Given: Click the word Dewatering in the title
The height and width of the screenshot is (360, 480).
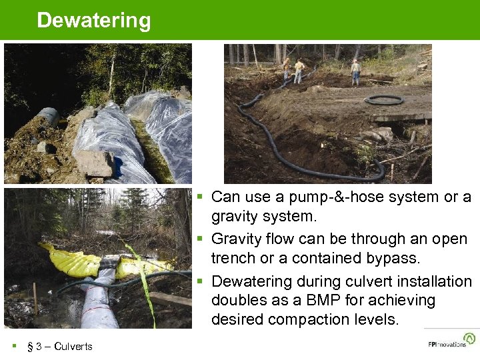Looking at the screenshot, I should point(94,21).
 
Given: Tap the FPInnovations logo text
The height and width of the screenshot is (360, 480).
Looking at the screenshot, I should point(447,344).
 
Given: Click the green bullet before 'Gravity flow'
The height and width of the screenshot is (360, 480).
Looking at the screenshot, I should point(199,239).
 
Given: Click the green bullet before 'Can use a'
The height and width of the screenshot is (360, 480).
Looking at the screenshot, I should point(199,197).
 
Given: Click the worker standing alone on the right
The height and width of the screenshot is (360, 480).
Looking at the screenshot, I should point(356,70).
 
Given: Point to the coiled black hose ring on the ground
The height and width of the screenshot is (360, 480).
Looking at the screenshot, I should point(384,100).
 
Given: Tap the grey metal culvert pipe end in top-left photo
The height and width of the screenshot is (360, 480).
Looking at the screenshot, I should point(48,118).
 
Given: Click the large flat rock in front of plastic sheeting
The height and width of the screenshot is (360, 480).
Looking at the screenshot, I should point(93,162).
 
